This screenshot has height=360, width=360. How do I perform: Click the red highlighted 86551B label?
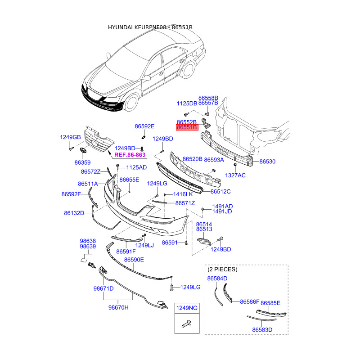[x=187, y=128]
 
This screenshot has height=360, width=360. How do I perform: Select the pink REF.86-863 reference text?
[x=130, y=155]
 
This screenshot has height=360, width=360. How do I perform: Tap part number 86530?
[x=267, y=162]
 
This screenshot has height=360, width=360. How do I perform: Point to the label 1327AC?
[x=235, y=175]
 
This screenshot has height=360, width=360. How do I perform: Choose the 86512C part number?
[x=220, y=191]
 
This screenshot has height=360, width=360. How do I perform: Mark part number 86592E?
[x=144, y=126]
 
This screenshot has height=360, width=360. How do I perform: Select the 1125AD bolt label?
[x=136, y=167]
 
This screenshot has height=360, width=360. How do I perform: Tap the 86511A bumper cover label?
[x=88, y=184]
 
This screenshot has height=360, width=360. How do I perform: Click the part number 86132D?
[x=74, y=213]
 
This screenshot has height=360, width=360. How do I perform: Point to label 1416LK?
[x=183, y=194]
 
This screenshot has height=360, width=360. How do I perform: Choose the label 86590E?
[x=134, y=260]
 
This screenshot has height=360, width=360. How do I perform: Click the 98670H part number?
[x=118, y=308]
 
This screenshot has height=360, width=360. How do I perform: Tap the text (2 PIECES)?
[x=222, y=270]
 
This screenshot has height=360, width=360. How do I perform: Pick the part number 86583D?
[x=262, y=330]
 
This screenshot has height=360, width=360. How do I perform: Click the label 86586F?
[x=249, y=301]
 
